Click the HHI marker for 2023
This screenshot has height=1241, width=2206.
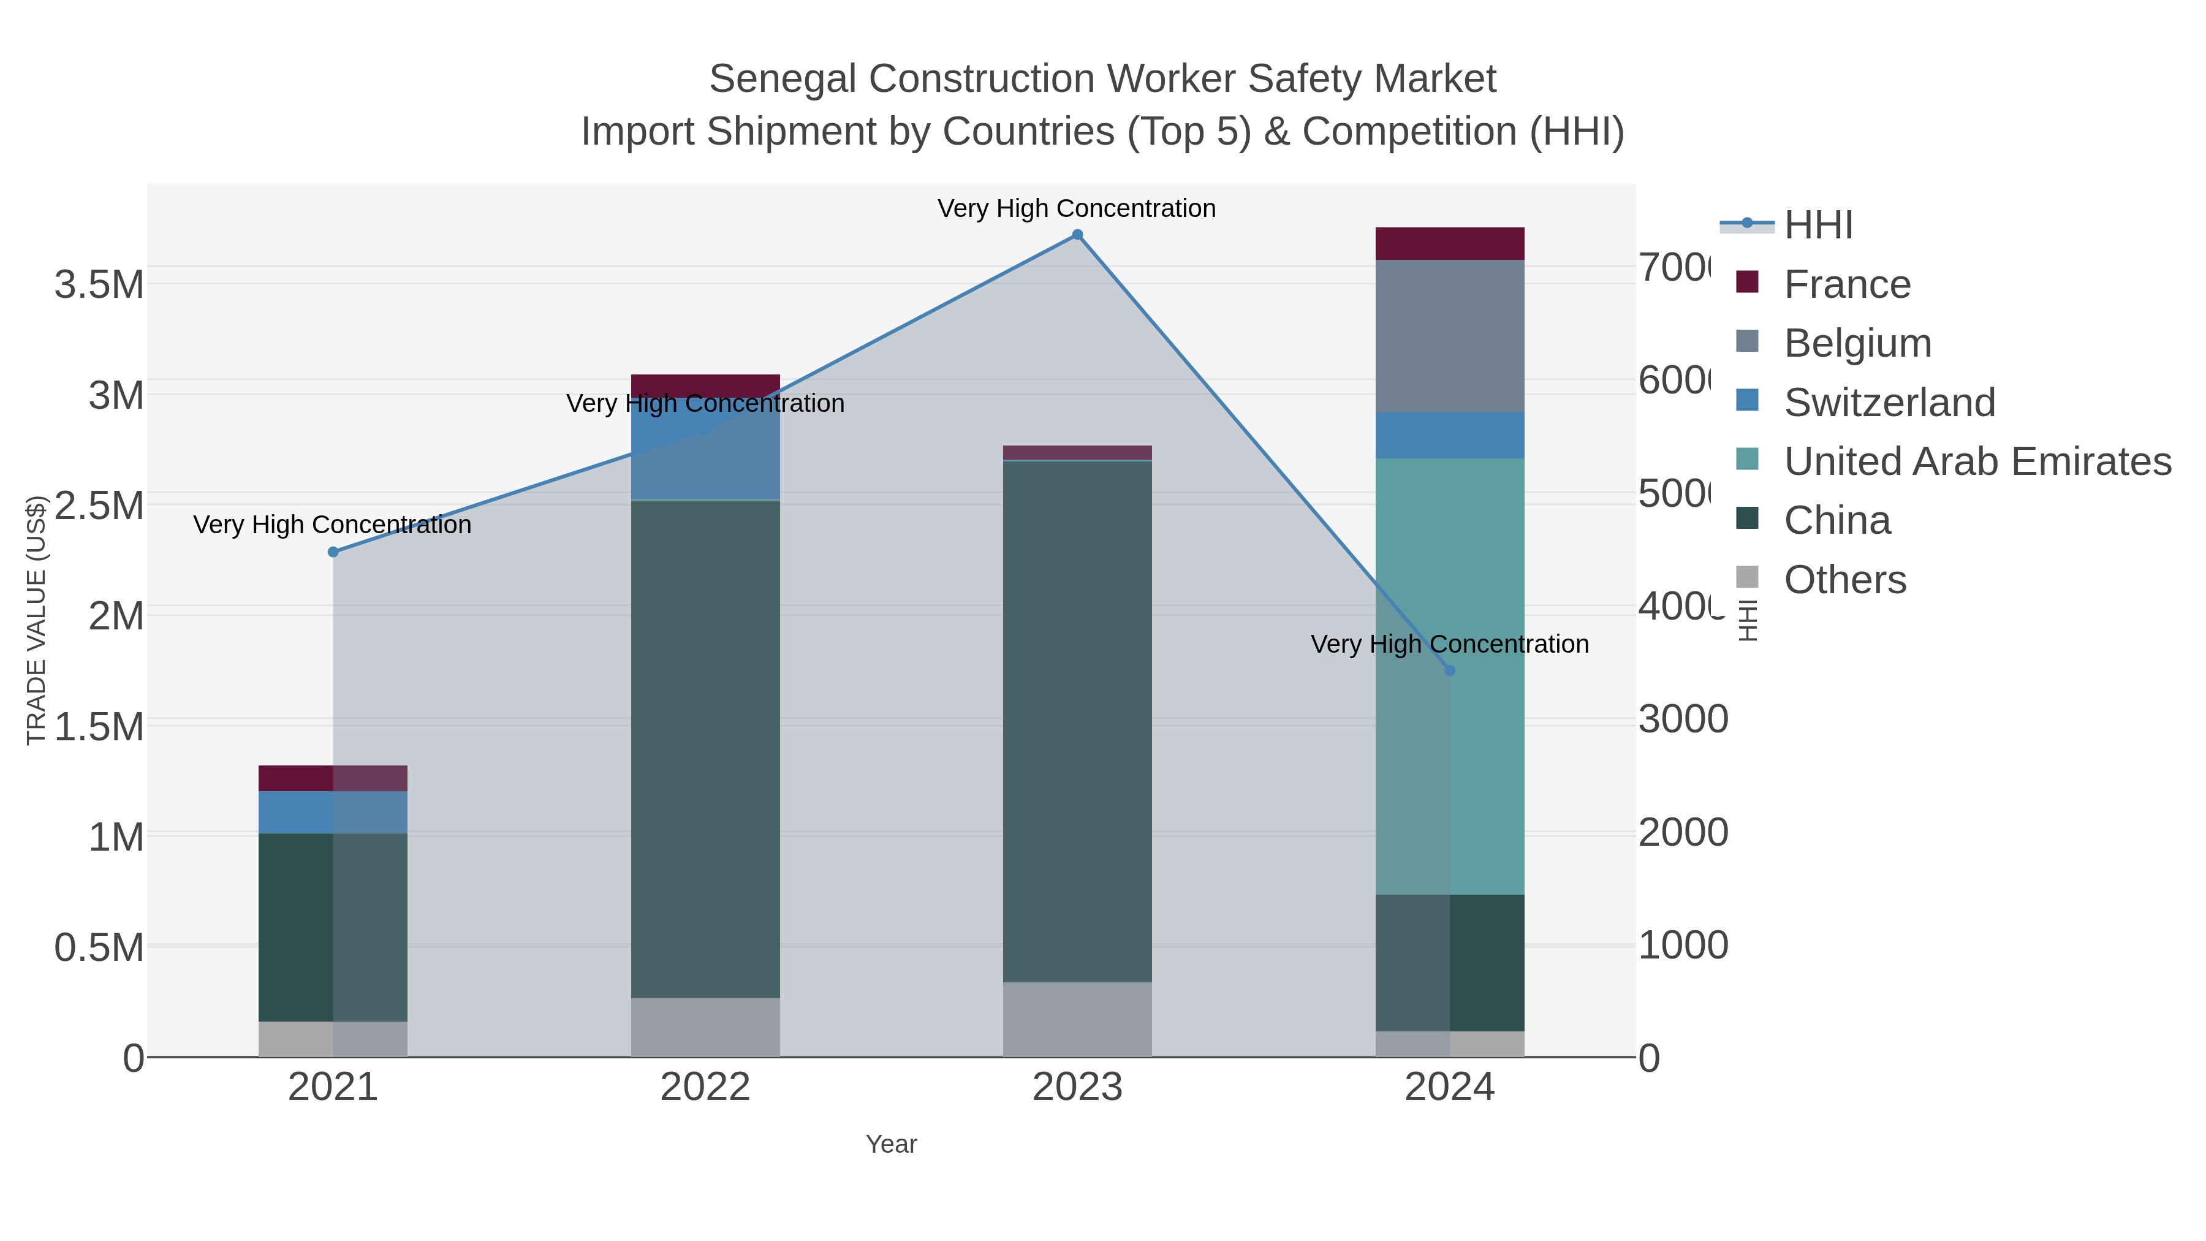click(x=1077, y=235)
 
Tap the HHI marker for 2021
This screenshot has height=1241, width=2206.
click(x=333, y=552)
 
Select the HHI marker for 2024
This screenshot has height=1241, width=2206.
click(x=1450, y=670)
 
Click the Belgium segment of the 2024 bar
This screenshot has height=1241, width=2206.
click(x=1450, y=336)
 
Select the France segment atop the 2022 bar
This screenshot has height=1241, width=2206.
click(x=705, y=385)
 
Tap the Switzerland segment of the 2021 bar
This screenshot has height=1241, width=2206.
click(x=333, y=812)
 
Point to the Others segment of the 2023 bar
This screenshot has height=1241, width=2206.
click(x=1077, y=1019)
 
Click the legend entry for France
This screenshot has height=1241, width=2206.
click(x=1846, y=284)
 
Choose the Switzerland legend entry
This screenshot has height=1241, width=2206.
click(x=1889, y=403)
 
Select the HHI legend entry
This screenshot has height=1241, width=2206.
click(x=1817, y=226)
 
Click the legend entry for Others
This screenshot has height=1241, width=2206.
click(x=1844, y=580)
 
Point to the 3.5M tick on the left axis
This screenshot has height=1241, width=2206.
click(x=99, y=284)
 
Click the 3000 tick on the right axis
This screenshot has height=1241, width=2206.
click(x=1683, y=719)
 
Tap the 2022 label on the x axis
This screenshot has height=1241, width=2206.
click(x=705, y=1088)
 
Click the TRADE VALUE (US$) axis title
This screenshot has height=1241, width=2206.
click(x=36, y=620)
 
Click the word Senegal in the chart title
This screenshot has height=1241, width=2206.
click(x=782, y=79)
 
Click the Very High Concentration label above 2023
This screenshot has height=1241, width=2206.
click(x=1077, y=209)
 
